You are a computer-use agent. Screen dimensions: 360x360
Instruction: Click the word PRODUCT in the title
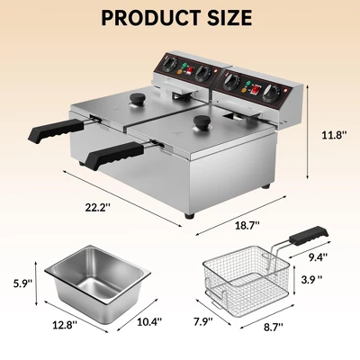pos(150,17)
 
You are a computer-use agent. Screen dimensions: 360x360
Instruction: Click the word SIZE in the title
pos(229,17)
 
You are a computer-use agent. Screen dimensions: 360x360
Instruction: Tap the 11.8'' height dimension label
pos(334,135)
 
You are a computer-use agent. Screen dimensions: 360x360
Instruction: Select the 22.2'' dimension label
pos(98,207)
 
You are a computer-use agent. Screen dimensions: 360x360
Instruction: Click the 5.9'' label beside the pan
pos(22,283)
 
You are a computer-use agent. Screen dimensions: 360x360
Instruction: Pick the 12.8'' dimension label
pos(65,325)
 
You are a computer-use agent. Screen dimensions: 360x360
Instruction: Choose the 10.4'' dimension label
pos(149,322)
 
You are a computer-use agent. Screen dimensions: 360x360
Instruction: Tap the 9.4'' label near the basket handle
pos(318,256)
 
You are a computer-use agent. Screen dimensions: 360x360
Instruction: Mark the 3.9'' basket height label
pos(312,280)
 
